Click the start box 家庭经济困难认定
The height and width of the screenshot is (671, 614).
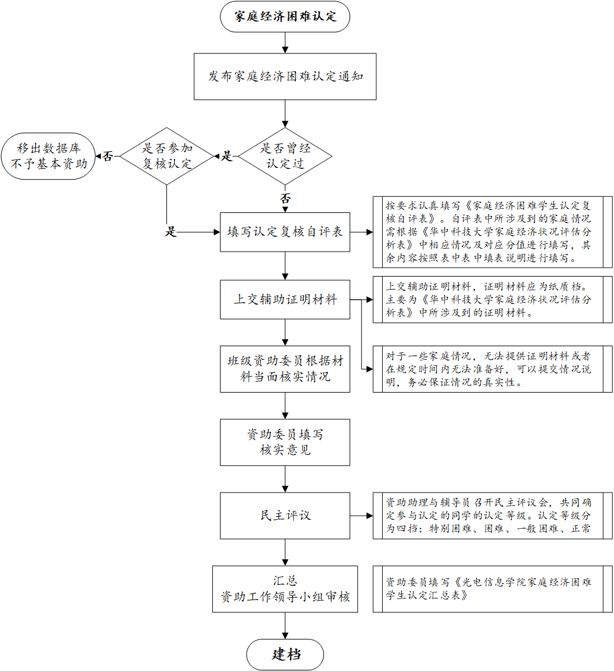285,17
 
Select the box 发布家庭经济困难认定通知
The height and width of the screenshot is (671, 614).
285,77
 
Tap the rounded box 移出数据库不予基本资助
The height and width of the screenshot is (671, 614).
48,156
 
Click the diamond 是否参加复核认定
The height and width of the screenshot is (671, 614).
166,156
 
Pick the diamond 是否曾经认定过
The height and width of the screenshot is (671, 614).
285,156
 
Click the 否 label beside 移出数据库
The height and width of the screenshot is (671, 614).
108,156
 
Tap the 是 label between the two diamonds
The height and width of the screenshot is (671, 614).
226,156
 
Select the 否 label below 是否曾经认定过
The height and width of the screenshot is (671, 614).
285,199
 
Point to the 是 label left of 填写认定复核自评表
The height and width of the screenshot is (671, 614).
171,232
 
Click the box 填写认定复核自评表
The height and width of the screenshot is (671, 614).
285,232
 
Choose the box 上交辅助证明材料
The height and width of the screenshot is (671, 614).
285,299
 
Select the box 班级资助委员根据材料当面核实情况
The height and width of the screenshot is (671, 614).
285,369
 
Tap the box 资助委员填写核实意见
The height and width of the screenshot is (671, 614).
285,442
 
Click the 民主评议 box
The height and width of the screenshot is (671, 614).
285,515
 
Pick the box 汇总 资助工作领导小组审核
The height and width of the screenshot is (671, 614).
285,589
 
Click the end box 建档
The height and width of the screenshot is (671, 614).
285,654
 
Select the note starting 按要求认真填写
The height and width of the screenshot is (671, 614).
492,232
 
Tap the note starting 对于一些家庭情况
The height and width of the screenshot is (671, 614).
492,369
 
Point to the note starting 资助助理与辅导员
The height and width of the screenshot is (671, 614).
492,515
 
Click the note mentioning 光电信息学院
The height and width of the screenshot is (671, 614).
492,589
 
